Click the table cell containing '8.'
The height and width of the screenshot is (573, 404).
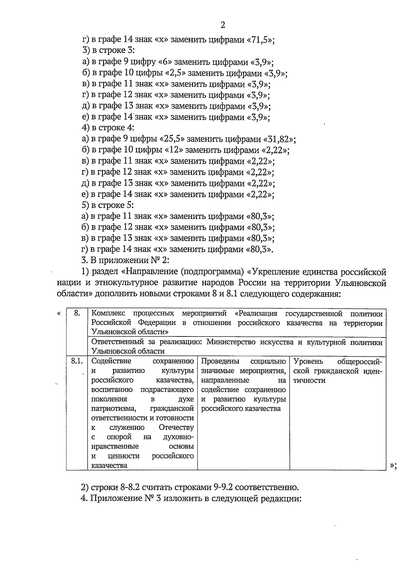click(x=77, y=314)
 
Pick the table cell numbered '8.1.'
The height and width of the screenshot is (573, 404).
click(x=77, y=362)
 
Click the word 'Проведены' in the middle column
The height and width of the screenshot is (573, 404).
click(x=220, y=362)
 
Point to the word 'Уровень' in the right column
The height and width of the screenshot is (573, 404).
click(x=308, y=362)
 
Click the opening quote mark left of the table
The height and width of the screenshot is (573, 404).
click(x=59, y=314)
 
